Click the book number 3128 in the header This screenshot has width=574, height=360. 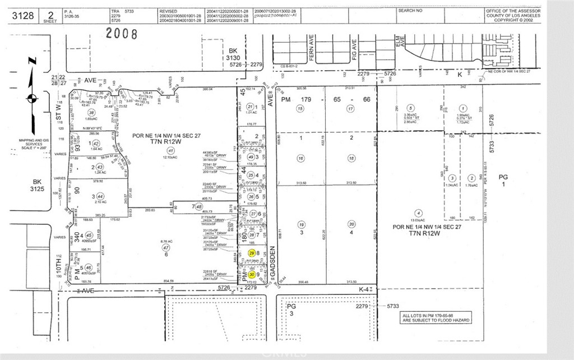(23, 15)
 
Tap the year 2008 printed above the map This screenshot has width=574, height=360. (122, 34)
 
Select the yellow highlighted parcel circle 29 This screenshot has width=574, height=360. (251, 253)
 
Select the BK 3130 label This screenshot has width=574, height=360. (233, 58)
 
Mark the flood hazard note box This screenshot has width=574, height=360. (435, 318)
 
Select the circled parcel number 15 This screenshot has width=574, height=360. (300, 108)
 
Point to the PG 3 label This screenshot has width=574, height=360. (291, 310)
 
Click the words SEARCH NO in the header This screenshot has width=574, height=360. (410, 10)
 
